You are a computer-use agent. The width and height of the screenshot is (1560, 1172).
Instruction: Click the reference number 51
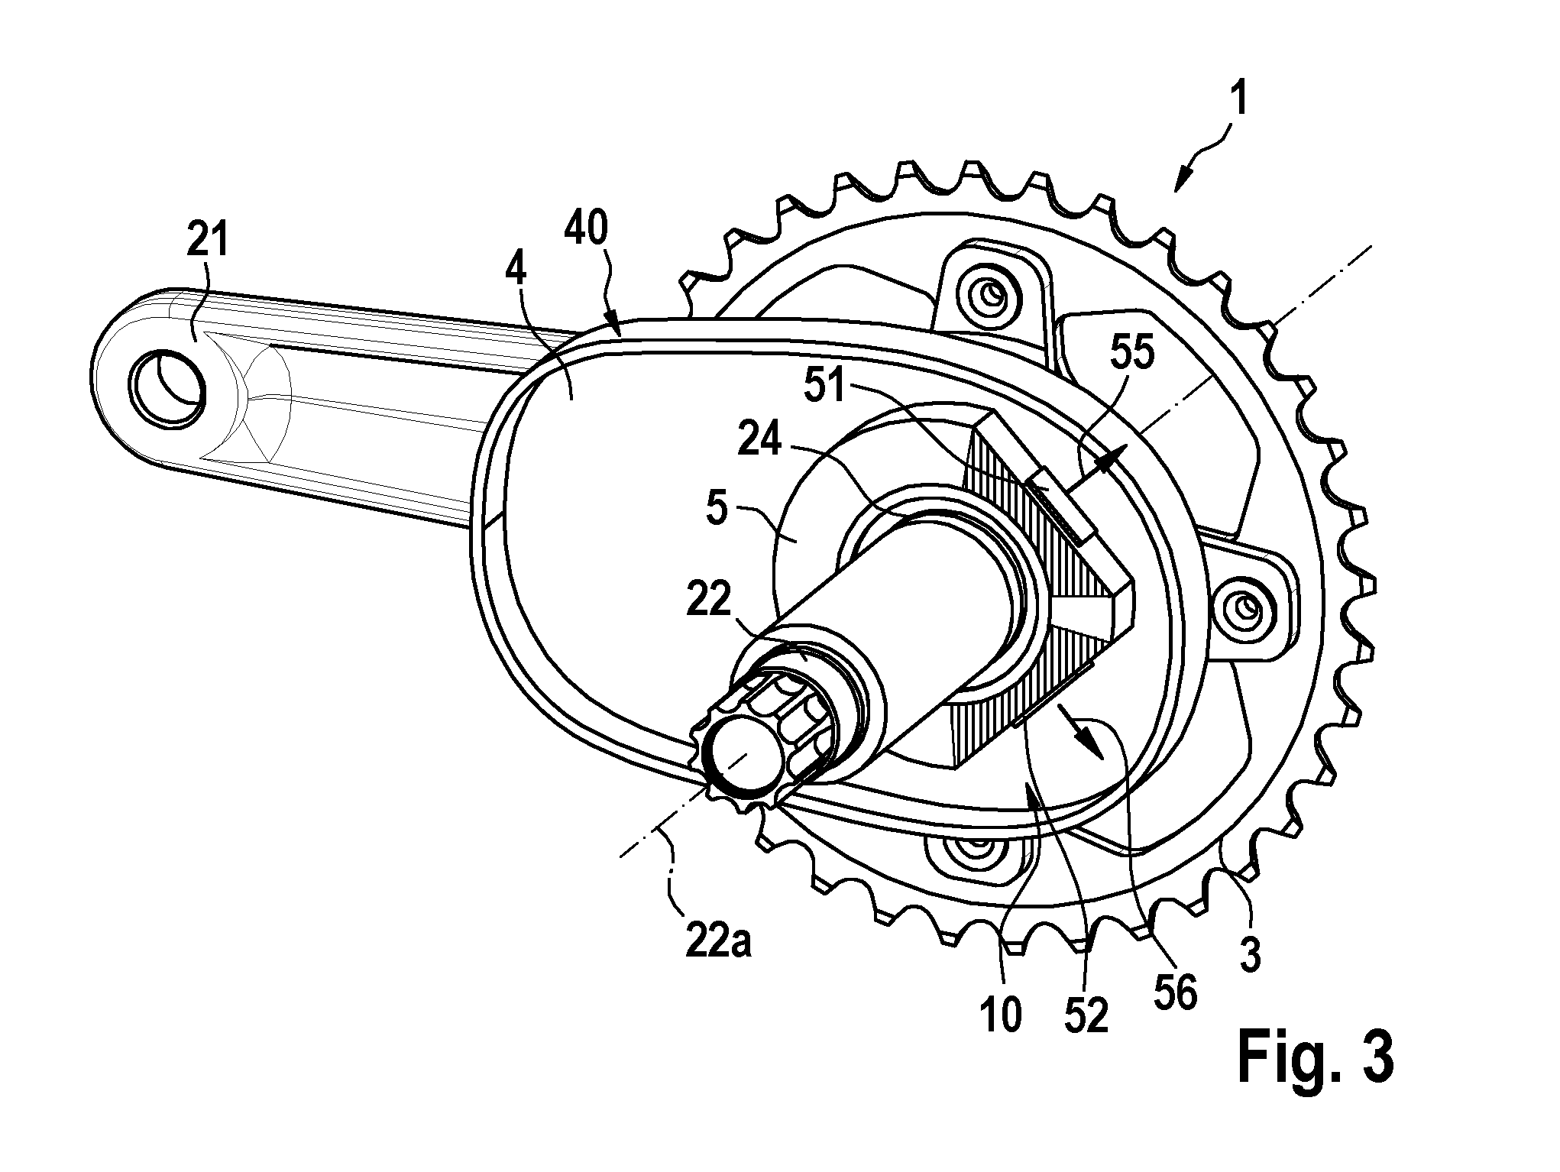tap(827, 386)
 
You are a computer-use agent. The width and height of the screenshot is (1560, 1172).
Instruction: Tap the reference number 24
tap(760, 442)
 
